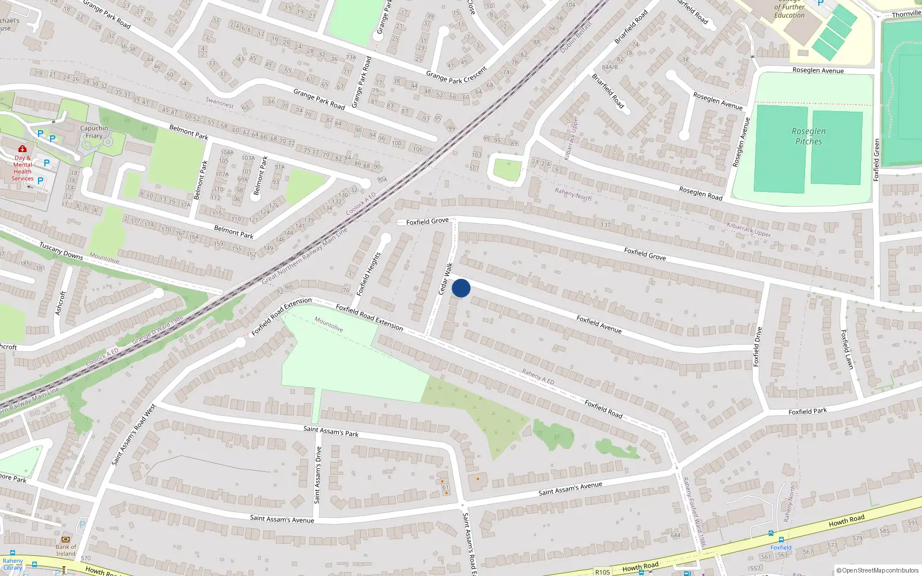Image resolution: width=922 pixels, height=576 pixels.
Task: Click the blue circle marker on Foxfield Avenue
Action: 461,288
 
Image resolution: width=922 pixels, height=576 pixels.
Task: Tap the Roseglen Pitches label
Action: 808,137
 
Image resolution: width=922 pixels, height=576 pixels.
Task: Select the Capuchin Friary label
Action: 94,132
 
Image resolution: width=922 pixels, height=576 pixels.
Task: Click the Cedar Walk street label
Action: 445,279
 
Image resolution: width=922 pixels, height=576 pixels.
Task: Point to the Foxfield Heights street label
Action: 369,274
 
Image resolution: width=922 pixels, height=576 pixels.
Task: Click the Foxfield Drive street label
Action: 758,346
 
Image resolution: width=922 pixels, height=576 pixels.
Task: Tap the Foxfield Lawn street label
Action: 847,349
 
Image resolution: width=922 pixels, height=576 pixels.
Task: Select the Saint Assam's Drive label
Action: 318,475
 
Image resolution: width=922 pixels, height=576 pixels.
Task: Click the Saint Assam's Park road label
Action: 331,431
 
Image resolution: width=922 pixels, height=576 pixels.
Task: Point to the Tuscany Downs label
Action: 61,251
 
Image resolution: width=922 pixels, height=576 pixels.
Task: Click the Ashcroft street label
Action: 60,303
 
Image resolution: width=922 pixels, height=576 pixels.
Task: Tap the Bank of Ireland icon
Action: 66,540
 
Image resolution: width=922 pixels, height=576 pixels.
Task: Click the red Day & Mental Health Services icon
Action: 22,149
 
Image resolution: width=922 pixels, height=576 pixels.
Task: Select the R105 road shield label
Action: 603,572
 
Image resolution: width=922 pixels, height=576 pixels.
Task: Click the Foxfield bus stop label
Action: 781,547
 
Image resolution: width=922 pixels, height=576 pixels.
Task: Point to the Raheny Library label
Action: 13,564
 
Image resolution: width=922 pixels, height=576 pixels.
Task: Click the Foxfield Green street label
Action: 876,160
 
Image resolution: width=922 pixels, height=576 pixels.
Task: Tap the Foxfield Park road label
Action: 807,412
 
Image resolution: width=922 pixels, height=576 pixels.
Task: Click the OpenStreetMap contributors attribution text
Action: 878,571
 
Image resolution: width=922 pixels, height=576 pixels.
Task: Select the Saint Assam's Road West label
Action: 134,434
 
